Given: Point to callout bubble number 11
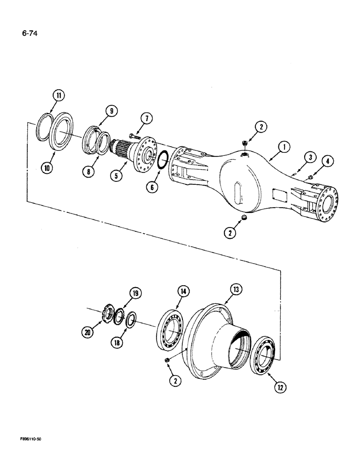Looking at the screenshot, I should point(58,96).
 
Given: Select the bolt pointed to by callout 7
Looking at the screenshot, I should point(133,137).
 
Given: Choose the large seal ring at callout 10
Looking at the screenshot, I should point(65,141).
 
